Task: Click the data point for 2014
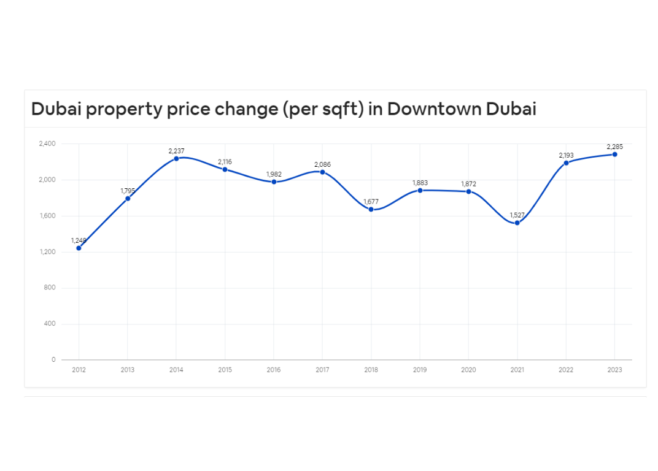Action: [x=176, y=158]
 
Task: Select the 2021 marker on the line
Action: [x=517, y=223]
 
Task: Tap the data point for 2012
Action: [x=79, y=248]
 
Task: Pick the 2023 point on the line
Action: [x=614, y=155]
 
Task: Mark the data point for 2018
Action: [x=371, y=209]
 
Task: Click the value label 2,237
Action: [x=176, y=151]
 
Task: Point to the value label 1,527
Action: [x=517, y=215]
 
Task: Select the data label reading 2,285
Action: [x=614, y=147]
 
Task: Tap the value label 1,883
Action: [x=420, y=183]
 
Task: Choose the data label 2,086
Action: [x=322, y=164]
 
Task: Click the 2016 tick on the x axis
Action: [x=274, y=370]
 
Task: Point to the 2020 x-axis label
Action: [x=468, y=370]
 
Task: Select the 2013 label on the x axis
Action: [x=128, y=370]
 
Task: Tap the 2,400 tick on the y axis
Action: [x=47, y=144]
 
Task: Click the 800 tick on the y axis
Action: [x=50, y=288]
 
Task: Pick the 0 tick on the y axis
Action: [x=53, y=360]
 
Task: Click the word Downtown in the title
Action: [x=434, y=109]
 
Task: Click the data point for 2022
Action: [x=566, y=163]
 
